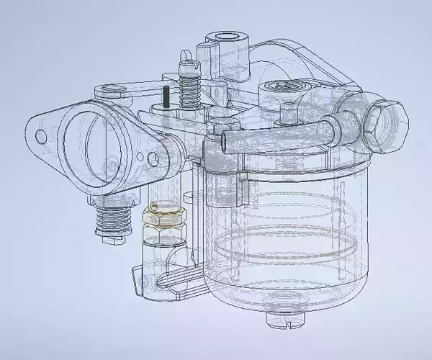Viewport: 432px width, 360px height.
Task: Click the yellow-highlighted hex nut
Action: (166, 215)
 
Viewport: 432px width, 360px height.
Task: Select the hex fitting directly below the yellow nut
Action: (164, 233)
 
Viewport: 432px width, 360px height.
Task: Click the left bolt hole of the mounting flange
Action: (42, 135)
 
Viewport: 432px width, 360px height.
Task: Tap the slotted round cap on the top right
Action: (282, 89)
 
